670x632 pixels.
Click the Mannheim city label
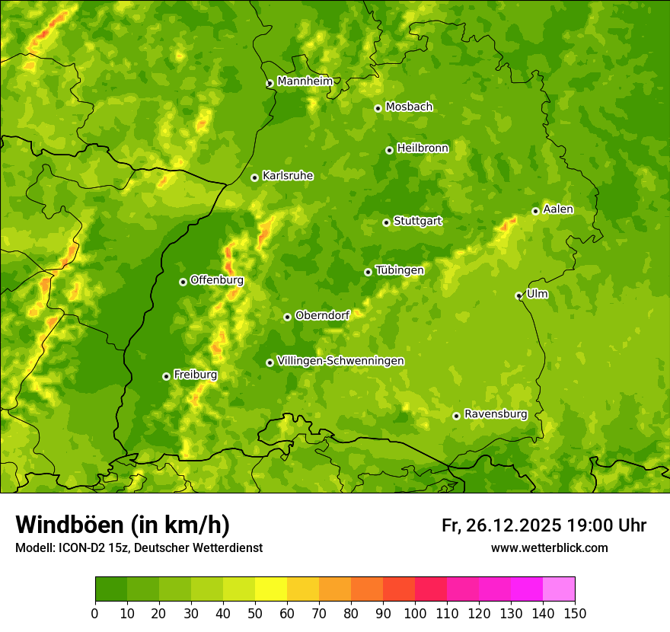click(305, 81)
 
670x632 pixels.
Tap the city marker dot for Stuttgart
click(386, 222)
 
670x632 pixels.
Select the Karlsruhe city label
click(288, 176)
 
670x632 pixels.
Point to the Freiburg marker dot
click(166, 376)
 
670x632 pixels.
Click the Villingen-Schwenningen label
click(341, 361)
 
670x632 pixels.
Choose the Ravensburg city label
click(496, 414)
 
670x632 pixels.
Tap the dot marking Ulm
click(518, 295)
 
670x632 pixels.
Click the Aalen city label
click(558, 209)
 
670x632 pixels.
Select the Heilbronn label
click(423, 148)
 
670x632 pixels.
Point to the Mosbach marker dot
click(378, 108)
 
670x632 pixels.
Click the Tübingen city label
click(400, 270)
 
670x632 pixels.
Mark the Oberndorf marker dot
click(287, 317)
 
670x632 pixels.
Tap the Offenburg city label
click(217, 280)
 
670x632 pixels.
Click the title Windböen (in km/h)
click(123, 525)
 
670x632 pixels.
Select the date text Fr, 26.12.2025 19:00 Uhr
click(544, 525)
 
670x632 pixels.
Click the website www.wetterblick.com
click(549, 547)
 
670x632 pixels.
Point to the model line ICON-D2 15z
click(139, 547)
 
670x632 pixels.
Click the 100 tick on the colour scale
click(414, 613)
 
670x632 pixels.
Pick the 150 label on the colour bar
click(574, 613)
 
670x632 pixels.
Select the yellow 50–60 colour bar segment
click(271, 589)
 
